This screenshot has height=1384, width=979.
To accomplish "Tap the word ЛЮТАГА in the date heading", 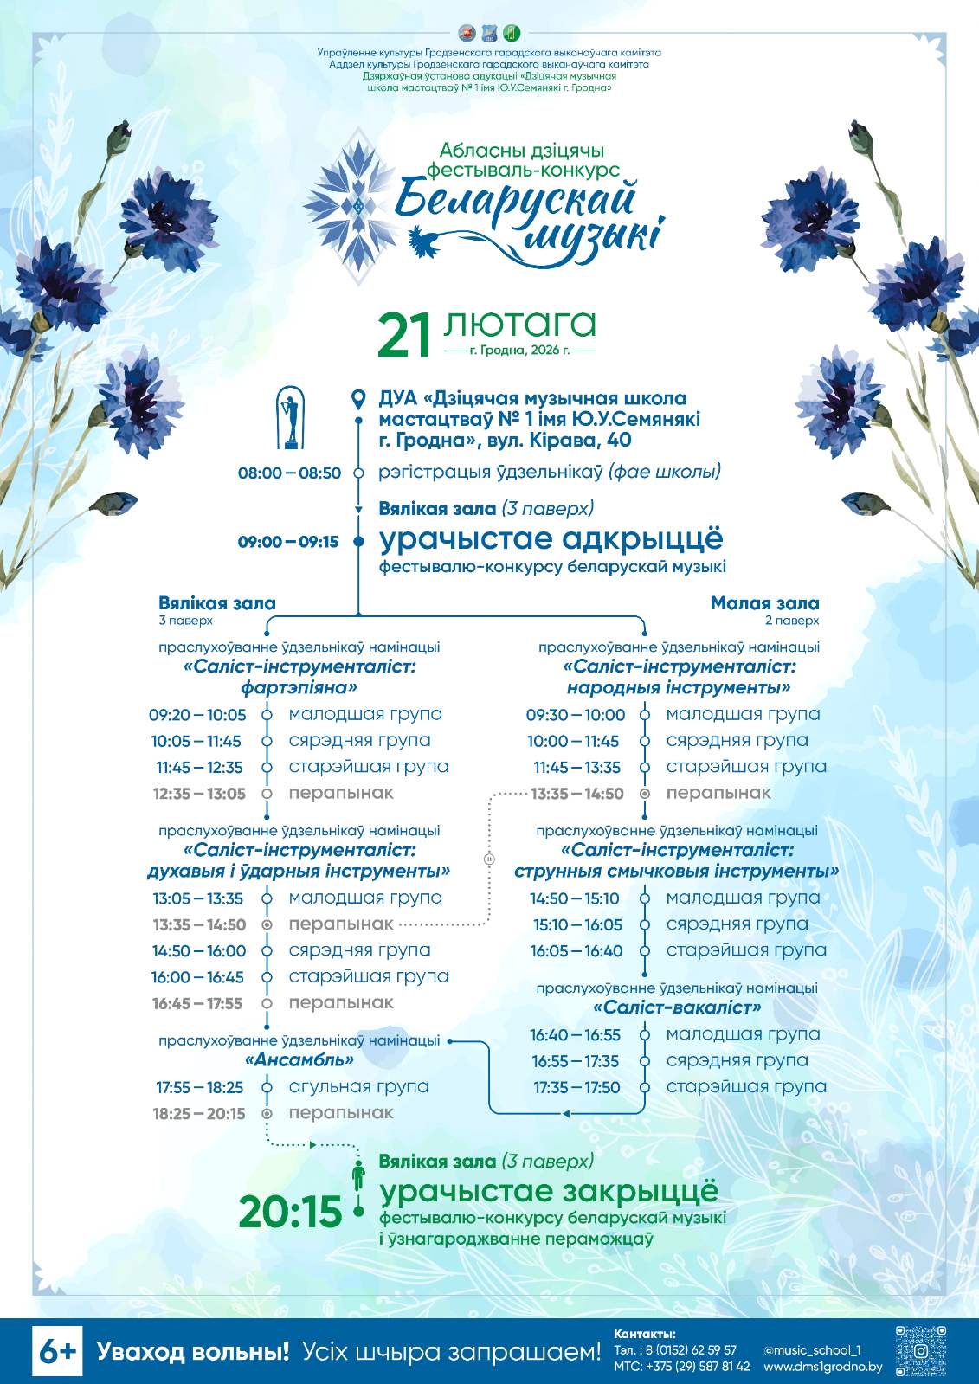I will click(519, 324).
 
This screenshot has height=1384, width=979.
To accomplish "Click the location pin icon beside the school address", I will click(358, 399).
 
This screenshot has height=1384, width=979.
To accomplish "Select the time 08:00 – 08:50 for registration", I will click(289, 473).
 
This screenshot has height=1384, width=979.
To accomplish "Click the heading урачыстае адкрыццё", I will click(551, 538).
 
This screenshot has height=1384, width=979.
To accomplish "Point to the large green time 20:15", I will click(290, 1212).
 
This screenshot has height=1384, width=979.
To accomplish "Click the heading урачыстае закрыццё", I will click(549, 1191).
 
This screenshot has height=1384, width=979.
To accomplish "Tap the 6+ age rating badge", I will click(57, 1351).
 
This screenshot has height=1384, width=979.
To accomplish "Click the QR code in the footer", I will click(921, 1350).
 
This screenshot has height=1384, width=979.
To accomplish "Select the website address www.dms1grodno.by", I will click(822, 1367).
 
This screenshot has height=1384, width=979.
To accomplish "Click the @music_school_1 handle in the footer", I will click(812, 1349).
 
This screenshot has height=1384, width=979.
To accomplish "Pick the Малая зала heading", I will click(764, 603).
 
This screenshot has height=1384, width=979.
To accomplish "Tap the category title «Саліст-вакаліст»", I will click(677, 1007).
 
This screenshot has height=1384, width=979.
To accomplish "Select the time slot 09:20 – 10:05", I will click(197, 715).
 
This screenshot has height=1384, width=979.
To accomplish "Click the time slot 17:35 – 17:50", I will click(576, 1087).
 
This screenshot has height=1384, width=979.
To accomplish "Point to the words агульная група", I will click(358, 1086).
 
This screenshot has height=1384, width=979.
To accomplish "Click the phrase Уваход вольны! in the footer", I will click(192, 1351).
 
